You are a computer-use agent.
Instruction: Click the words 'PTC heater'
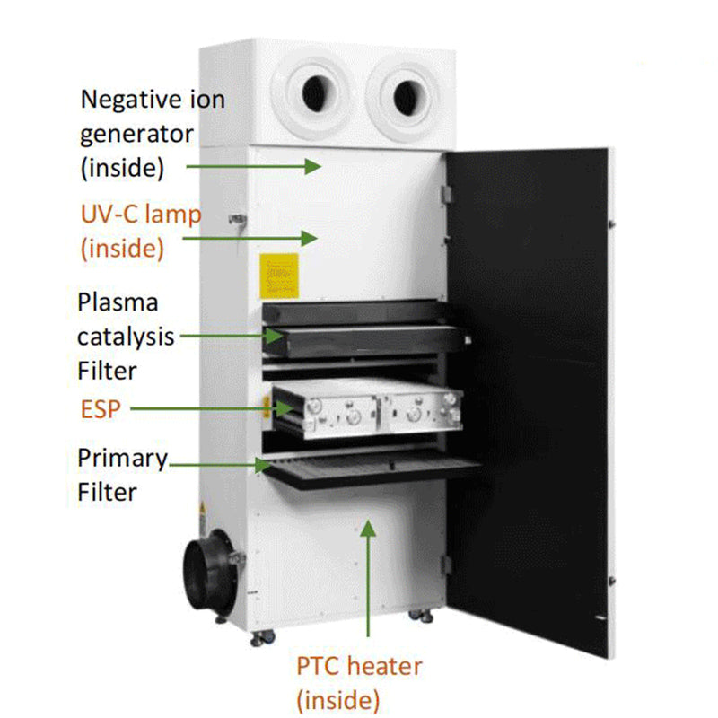pos(359,666)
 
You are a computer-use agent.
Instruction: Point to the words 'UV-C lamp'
pos(141,215)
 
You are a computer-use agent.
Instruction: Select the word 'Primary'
pos(122,459)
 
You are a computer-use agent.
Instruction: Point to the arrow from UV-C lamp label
pos(250,238)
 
